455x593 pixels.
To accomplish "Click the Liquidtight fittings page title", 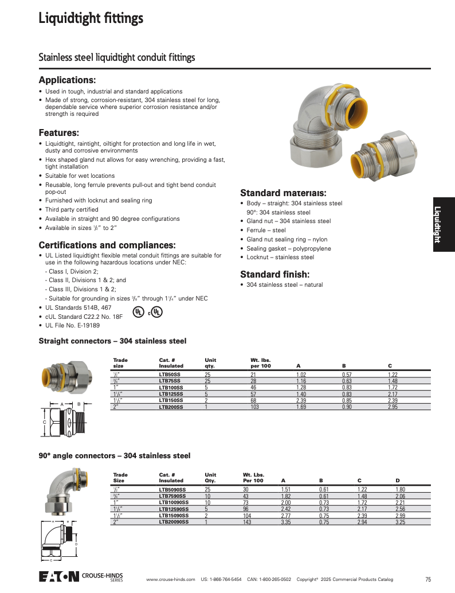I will point(91,19).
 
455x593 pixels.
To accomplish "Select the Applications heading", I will point(67,80).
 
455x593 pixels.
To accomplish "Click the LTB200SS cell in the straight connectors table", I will point(171,407).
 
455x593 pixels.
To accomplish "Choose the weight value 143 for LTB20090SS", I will point(247,522).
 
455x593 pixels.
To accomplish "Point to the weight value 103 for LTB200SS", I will point(255,407).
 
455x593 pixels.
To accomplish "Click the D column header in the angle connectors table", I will point(397,480).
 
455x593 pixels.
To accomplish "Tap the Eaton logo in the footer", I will point(59,576).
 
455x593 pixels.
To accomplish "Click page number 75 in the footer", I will point(428,579).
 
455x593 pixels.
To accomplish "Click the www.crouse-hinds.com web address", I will point(171,579).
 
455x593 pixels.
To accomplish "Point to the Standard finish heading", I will point(274,274).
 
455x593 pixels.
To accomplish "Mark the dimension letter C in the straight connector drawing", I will point(44,423).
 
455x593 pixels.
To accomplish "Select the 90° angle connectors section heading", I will point(114,455).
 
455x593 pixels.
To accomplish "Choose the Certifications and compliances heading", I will point(107,245).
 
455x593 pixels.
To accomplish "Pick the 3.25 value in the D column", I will point(401,522).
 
